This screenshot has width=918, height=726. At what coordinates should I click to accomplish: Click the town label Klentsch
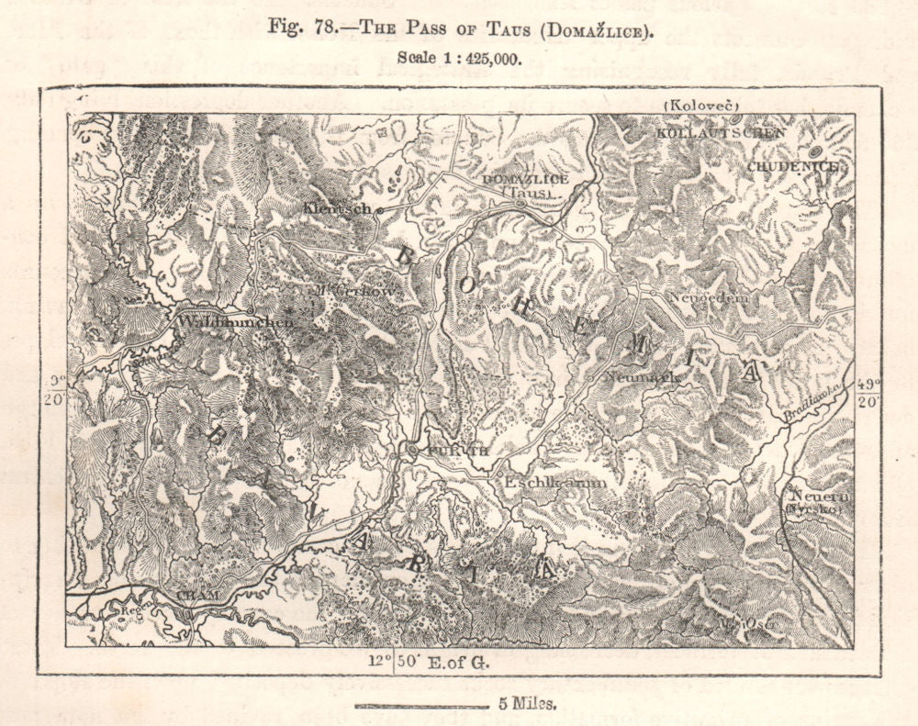(x=337, y=208)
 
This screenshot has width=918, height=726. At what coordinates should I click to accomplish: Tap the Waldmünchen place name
(x=233, y=322)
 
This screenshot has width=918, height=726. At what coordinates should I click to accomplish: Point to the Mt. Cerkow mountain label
(x=358, y=292)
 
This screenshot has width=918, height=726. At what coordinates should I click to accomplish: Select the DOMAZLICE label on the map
(x=525, y=179)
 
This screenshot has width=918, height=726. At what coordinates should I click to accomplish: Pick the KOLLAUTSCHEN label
(x=721, y=133)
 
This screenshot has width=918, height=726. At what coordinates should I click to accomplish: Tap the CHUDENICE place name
(x=791, y=166)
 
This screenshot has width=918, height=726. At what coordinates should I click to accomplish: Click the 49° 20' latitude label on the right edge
(x=868, y=394)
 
